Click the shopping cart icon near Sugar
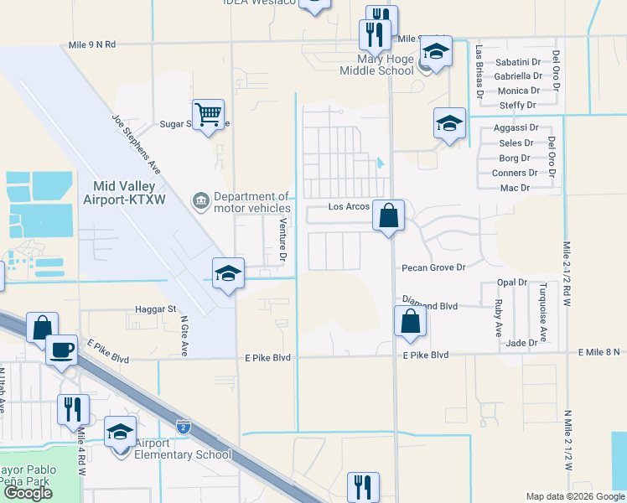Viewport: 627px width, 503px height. click(x=208, y=113)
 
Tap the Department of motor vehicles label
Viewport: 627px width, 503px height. click(x=251, y=203)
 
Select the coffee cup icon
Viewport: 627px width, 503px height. click(x=60, y=350)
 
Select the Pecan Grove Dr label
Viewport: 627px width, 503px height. click(x=433, y=267)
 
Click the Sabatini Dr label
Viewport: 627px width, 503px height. click(x=518, y=62)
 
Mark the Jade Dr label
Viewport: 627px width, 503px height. click(x=521, y=343)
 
